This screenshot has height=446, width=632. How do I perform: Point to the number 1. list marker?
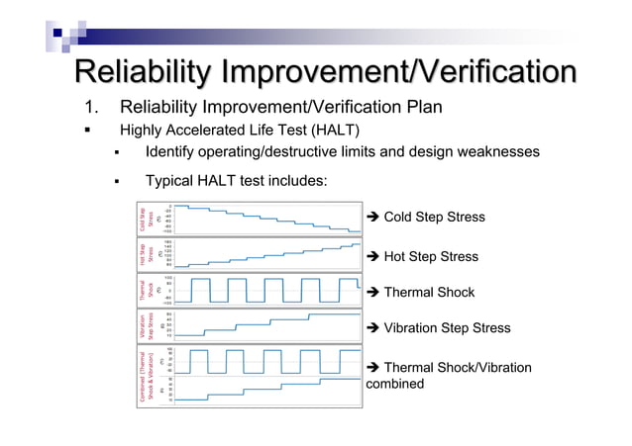87,107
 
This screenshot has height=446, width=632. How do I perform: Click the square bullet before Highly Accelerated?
87,131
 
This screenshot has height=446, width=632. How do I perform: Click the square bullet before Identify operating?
116,152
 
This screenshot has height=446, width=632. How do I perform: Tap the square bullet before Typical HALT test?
116,181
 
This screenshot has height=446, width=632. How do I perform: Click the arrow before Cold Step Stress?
372,218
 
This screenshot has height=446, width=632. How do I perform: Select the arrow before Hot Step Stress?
372,257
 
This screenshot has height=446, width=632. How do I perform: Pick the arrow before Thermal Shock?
372,293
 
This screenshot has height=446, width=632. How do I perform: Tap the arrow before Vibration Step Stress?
372,328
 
